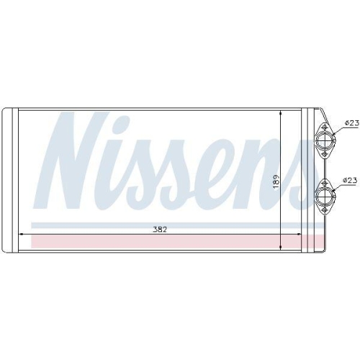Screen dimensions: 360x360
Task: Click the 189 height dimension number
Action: point(274,183)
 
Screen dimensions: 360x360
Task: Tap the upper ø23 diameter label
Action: point(351,124)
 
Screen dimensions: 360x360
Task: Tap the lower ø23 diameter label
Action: point(351,179)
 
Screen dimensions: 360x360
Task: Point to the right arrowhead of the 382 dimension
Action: point(302,233)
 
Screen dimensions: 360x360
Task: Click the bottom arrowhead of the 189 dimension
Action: point(281,249)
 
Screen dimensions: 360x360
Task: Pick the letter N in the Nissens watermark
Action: point(79,158)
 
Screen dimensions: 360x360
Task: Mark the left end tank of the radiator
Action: point(11,180)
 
